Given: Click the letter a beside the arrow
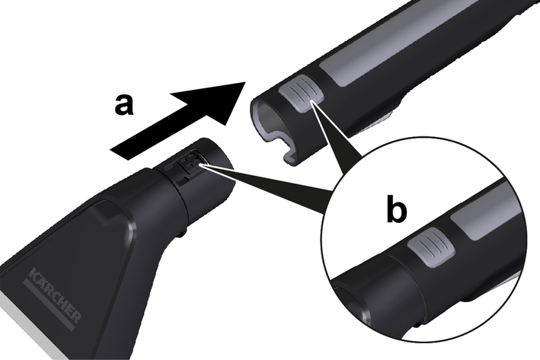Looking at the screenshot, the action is point(123,104).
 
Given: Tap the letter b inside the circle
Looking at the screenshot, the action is point(396,209).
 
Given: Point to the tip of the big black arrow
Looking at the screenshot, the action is point(244,82).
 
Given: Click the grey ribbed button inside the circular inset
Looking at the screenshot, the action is point(431,248).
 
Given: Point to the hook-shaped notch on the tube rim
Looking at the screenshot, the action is point(290,150).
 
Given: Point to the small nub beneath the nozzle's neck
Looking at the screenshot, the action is point(182,234).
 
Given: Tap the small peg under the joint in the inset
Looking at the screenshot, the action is point(417,323).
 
